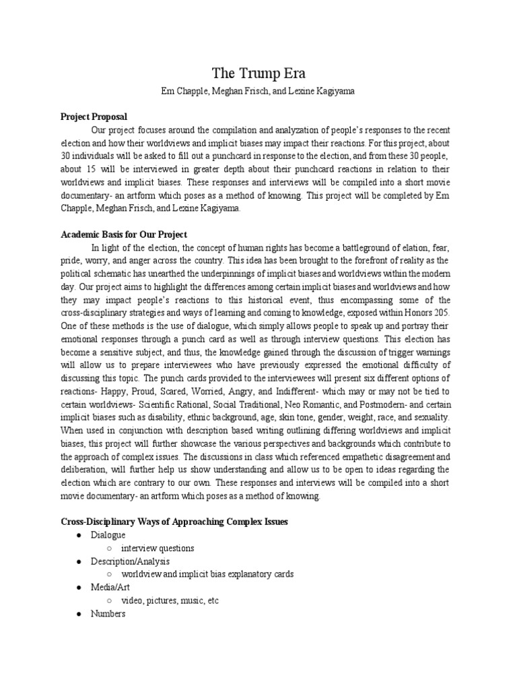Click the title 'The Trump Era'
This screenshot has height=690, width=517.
258,73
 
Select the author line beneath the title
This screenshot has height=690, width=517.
258,91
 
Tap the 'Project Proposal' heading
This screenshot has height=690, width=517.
94,117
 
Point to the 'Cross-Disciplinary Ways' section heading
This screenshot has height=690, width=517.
174,521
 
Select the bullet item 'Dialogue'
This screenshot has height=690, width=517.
108,534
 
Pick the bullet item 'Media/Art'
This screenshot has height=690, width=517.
111,587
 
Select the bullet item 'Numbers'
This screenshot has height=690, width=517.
108,614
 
